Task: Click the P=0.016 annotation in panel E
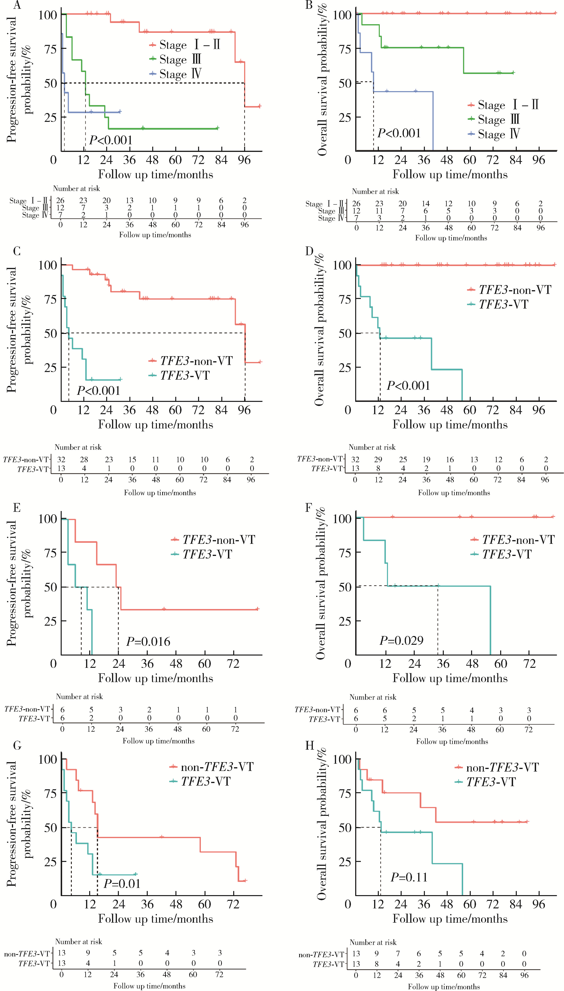pyautogui.click(x=148, y=641)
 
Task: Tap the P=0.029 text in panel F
pyautogui.click(x=401, y=640)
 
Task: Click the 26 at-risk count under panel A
pyautogui.click(x=60, y=200)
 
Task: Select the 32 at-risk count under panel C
pyautogui.click(x=61, y=460)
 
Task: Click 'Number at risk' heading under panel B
pyautogui.click(x=375, y=191)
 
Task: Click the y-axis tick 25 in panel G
pyautogui.click(x=50, y=862)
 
